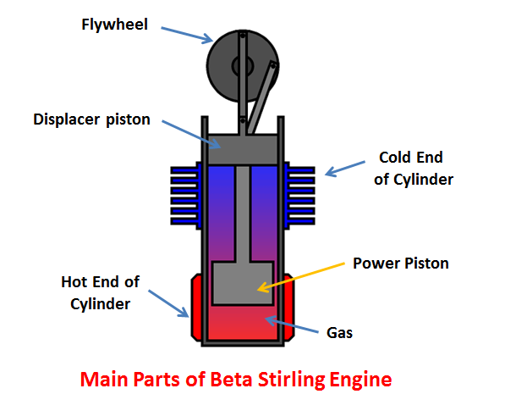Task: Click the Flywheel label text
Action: [x=115, y=25]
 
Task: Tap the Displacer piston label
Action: [x=92, y=119]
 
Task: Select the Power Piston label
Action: [x=401, y=264]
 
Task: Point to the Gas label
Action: [x=339, y=333]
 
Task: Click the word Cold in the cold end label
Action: [x=394, y=158]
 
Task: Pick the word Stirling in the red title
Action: [x=291, y=380]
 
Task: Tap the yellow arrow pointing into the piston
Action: [x=301, y=278]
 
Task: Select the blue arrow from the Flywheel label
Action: [x=187, y=36]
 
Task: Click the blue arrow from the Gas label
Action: [x=292, y=325]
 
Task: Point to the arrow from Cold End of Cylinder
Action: [x=345, y=169]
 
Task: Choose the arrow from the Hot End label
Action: [x=169, y=304]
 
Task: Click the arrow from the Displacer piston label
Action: [x=191, y=135]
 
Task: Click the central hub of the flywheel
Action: [x=243, y=66]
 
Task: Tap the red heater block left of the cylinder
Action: [x=197, y=308]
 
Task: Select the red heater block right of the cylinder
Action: [x=289, y=308]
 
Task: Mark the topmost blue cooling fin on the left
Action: [x=184, y=170]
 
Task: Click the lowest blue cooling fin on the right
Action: [x=301, y=221]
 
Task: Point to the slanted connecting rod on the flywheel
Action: [x=262, y=97]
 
